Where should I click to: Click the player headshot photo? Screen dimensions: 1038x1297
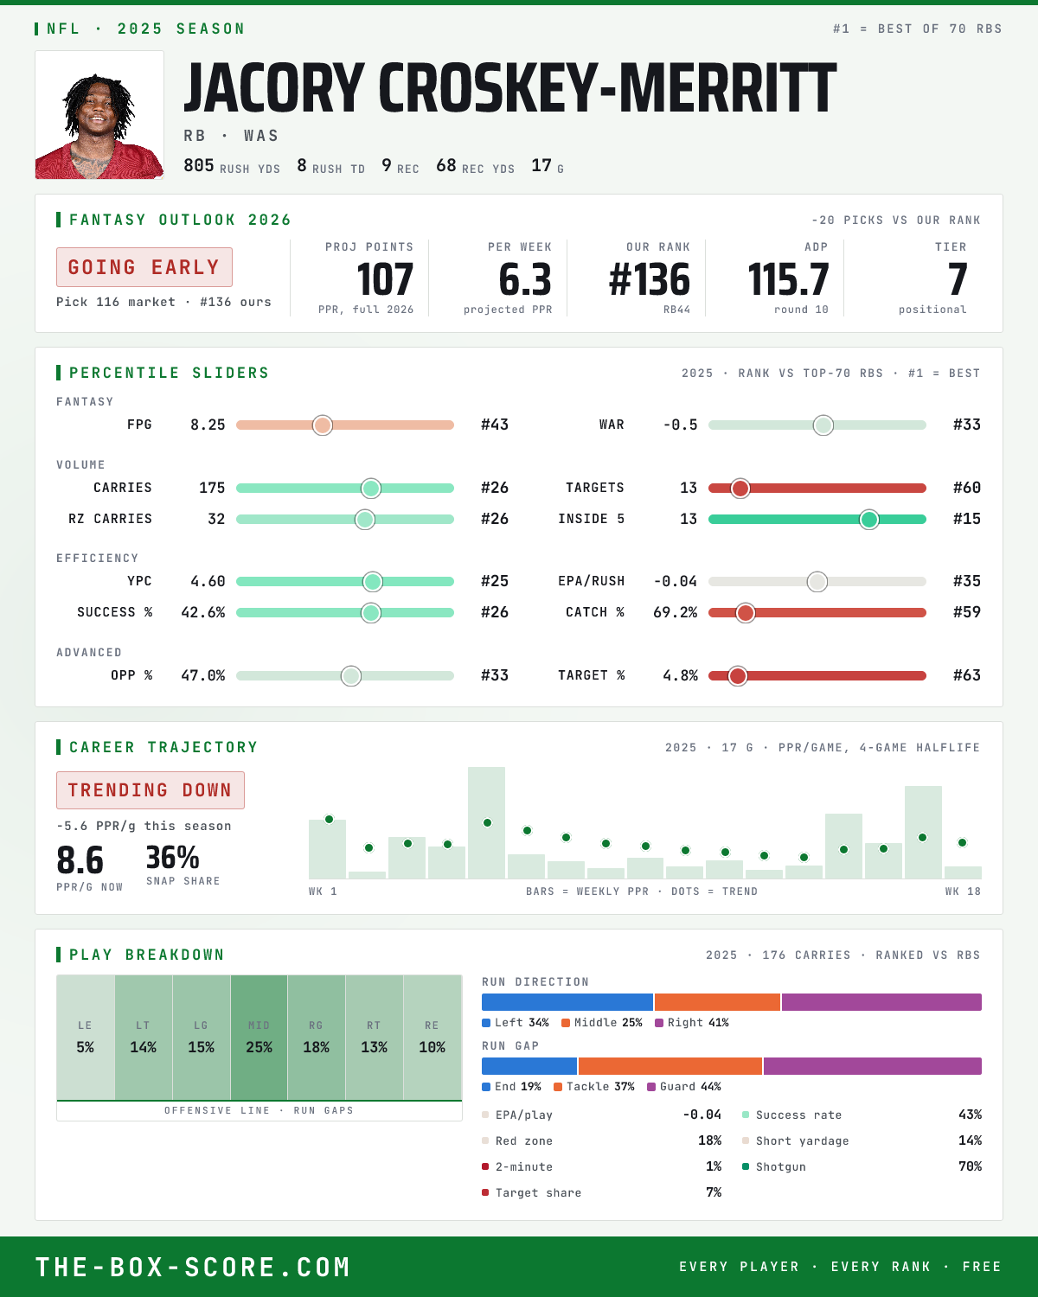(x=99, y=114)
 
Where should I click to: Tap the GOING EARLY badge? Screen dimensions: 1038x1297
(x=144, y=267)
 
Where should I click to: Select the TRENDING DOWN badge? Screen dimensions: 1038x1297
(x=151, y=790)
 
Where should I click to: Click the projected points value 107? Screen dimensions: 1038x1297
(x=385, y=280)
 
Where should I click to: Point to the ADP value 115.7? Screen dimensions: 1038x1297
(x=788, y=280)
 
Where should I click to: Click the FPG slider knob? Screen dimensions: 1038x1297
(x=323, y=425)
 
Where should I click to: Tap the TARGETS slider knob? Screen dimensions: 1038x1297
(x=740, y=489)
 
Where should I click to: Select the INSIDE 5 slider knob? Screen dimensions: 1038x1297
(x=869, y=520)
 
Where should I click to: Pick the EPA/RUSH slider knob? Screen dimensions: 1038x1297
(x=817, y=582)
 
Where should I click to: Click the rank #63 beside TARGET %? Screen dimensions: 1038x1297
(x=967, y=675)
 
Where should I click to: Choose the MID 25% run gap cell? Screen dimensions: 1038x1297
(x=259, y=1038)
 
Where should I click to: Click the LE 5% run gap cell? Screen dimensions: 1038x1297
(x=86, y=1038)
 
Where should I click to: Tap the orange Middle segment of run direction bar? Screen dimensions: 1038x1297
(x=717, y=1002)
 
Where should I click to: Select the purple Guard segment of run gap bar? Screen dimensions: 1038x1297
(x=872, y=1066)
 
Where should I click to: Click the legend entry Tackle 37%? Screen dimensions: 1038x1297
(x=594, y=1087)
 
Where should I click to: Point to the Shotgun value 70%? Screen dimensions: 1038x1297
(x=970, y=1166)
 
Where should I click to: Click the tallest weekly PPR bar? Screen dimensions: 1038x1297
(x=487, y=822)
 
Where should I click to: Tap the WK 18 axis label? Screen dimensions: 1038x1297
(x=963, y=891)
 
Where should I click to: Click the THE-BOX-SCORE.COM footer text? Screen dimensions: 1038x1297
(x=193, y=1268)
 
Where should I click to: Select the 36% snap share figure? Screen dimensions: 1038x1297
(x=172, y=857)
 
